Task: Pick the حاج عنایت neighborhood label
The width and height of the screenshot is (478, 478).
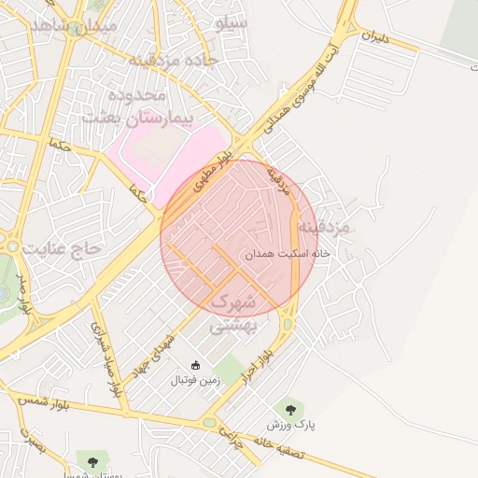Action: [62, 249]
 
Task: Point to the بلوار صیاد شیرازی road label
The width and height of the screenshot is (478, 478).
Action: [105, 360]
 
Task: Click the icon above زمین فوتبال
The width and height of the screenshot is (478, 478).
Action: [195, 365]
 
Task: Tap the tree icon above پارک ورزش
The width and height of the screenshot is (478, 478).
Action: [289, 409]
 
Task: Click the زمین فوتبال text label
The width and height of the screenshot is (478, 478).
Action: [195, 381]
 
